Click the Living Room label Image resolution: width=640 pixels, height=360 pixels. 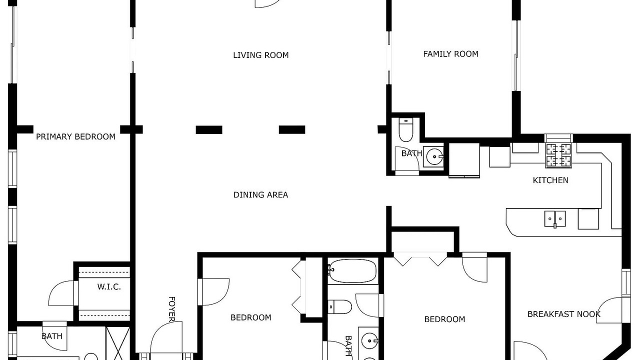[x=261, y=55]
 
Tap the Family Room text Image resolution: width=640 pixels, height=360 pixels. [x=450, y=54]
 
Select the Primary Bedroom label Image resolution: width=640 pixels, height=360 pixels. [x=75, y=137]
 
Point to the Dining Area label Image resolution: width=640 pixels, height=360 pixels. [x=260, y=195]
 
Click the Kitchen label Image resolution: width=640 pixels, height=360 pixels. [x=550, y=180]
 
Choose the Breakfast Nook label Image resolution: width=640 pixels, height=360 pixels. [x=563, y=314]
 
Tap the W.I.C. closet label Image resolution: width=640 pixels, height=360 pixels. [x=109, y=287]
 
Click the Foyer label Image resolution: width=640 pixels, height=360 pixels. [x=171, y=309]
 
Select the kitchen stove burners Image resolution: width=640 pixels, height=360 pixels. [x=558, y=155]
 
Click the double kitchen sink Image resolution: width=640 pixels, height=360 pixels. [x=555, y=219]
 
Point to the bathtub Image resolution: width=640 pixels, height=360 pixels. [x=352, y=271]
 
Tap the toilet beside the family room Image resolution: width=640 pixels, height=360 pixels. [x=405, y=130]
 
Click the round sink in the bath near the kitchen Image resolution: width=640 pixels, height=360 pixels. [x=434, y=156]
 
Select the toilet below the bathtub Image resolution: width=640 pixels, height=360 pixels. [x=339, y=307]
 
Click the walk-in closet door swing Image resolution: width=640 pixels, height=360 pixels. [x=61, y=293]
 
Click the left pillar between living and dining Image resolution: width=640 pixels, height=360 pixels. [x=209, y=129]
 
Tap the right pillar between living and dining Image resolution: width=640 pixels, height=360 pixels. [x=292, y=129]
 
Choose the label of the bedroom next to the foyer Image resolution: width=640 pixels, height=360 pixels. [x=251, y=317]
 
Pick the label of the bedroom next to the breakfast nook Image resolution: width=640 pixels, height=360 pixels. [x=444, y=319]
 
